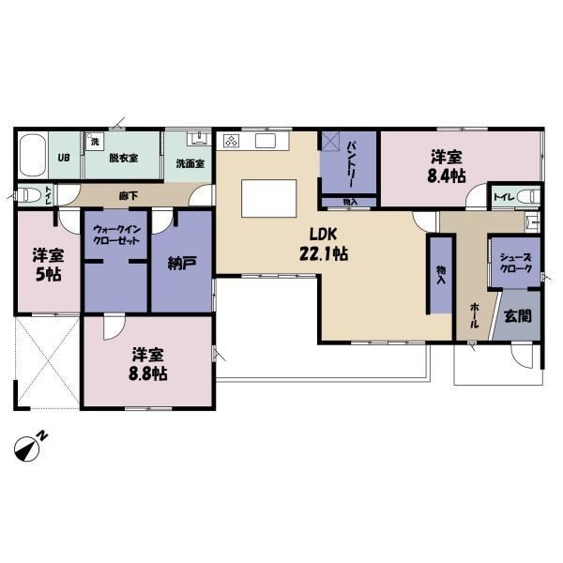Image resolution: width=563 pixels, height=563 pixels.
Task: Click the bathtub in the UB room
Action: [33, 155]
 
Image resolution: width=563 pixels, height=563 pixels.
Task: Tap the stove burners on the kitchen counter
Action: [231, 141]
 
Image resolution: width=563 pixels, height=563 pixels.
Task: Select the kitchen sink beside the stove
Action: [266, 141]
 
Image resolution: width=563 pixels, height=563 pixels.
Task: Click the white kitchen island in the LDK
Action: [269, 198]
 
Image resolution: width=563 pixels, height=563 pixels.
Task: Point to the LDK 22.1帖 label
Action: [324, 245]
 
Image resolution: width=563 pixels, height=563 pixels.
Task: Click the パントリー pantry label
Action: [351, 163]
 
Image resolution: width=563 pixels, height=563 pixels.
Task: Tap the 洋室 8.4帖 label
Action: [447, 166]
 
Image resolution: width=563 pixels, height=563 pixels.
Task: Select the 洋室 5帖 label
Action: [48, 265]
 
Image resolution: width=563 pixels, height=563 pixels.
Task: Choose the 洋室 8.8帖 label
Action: [148, 363]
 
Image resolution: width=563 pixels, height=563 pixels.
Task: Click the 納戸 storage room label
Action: [182, 264]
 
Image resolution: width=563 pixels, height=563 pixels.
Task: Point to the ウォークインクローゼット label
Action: [116, 234]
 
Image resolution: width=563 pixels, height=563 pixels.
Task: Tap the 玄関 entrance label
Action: [517, 316]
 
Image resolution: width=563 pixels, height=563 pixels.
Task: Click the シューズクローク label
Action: [515, 263]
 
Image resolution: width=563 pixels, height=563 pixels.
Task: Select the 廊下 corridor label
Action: [129, 196]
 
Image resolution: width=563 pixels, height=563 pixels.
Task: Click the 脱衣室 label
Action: [124, 158]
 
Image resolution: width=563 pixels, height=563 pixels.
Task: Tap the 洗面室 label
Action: [190, 163]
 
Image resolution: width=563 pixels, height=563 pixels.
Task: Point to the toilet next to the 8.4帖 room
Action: [530, 196]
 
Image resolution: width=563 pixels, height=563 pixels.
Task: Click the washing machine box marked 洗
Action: [95, 141]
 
